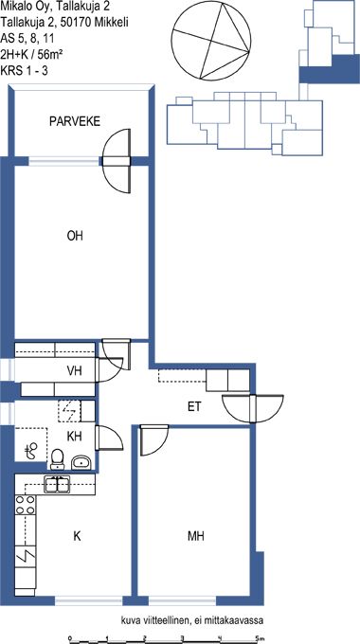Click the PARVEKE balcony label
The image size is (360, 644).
click(x=75, y=121)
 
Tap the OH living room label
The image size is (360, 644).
click(x=75, y=236)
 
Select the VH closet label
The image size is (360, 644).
click(x=75, y=371)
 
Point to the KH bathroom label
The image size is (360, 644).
click(x=75, y=437)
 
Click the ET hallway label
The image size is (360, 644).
click(x=194, y=407)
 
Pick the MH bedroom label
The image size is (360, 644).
click(x=196, y=536)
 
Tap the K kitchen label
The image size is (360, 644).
click(x=77, y=536)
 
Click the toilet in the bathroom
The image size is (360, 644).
click(x=57, y=458)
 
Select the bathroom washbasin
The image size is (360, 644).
click(x=81, y=463)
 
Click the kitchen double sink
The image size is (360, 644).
click(x=57, y=485)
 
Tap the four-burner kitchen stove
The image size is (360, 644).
click(x=25, y=506)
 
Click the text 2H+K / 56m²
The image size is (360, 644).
click(x=31, y=54)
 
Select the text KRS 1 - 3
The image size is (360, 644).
click(x=25, y=70)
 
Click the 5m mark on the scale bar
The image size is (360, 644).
click(x=258, y=637)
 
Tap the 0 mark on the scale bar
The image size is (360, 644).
click(x=70, y=637)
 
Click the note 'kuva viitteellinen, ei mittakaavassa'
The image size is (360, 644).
click(x=191, y=619)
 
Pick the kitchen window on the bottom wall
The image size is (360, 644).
click(x=89, y=601)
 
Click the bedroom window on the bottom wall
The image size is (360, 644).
click(x=182, y=601)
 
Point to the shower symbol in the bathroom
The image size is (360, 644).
click(x=31, y=452)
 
